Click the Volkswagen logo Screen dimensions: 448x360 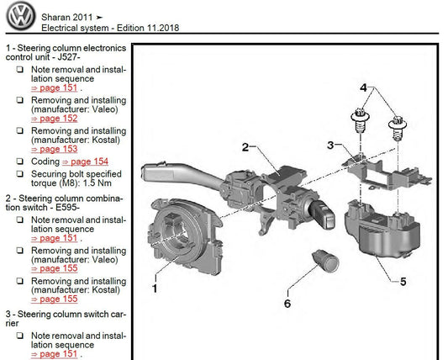pyautogui.click(x=21, y=17)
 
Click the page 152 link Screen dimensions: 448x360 pyautogui.click(x=55, y=119)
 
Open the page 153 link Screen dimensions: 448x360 pyautogui.click(x=55, y=149)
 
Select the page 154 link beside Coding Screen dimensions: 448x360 pyautogui.click(x=85, y=161)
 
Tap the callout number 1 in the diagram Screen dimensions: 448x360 pyautogui.click(x=155, y=289)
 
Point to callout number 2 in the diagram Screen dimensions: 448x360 pyautogui.click(x=245, y=147)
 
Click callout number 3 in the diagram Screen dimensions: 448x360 pyautogui.click(x=330, y=146)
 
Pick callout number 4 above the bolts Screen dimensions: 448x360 pyautogui.click(x=363, y=87)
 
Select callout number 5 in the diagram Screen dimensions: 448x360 pyautogui.click(x=403, y=282)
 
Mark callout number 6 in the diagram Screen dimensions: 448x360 pyautogui.click(x=287, y=304)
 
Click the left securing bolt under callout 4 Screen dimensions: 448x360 pyautogui.click(x=361, y=120)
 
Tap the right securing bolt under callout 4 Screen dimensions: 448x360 pyautogui.click(x=398, y=128)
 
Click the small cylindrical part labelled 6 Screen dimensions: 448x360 pyautogui.click(x=325, y=259)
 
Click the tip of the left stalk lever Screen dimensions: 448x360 pyautogui.click(x=143, y=172)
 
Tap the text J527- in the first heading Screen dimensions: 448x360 pyautogui.click(x=69, y=57)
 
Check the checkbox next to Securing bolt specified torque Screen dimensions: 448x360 pyautogui.click(x=19, y=173)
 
